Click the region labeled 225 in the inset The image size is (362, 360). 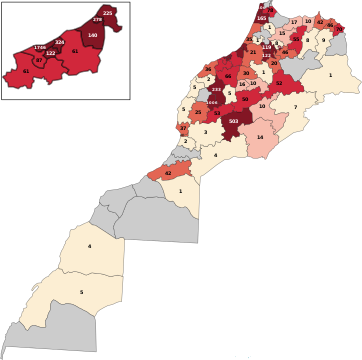click(x=108, y=13)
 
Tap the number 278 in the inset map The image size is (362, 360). click(x=97, y=20)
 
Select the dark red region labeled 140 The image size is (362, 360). click(x=92, y=36)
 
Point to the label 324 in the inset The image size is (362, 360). click(x=59, y=42)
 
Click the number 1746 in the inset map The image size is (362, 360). click(x=40, y=47)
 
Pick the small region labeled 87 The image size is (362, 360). click(x=39, y=61)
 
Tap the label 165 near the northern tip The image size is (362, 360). click(x=261, y=18)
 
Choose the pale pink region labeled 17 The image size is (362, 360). click(x=294, y=22)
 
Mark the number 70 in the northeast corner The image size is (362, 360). click(x=330, y=24)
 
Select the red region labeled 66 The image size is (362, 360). click(x=228, y=76)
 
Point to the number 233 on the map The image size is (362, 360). click(x=216, y=90)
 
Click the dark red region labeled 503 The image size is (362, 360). click(x=233, y=121)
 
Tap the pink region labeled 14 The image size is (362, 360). click(x=259, y=137)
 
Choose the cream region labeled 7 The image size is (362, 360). click(x=295, y=107)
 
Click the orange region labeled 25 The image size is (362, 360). click(x=198, y=112)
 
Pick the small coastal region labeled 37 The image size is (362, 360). click(x=183, y=128)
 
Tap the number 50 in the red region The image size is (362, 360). click(x=245, y=99)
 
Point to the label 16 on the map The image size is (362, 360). click(x=242, y=84)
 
